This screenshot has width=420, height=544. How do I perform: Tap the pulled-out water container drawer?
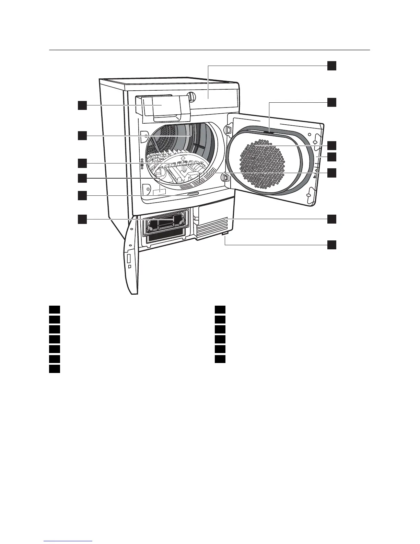tap(162, 107)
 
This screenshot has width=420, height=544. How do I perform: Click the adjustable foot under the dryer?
tap(225, 234)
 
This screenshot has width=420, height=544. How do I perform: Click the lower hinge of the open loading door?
tap(226, 178)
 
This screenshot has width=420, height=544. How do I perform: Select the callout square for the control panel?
tap(331, 66)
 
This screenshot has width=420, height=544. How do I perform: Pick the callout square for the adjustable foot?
tap(331, 245)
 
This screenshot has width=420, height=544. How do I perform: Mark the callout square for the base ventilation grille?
tap(331, 219)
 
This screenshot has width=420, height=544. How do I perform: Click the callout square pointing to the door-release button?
tap(82, 195)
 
